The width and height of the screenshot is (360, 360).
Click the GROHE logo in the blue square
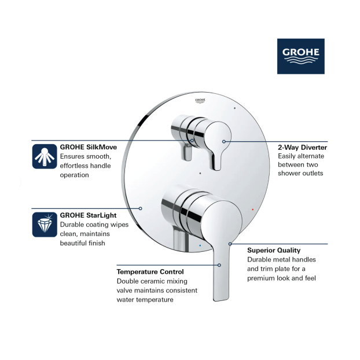point(301,56)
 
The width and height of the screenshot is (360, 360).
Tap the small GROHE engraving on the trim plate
point(200,101)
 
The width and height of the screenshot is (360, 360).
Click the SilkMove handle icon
point(45,156)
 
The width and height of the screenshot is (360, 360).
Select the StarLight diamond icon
point(45,225)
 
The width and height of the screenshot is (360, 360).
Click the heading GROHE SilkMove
point(89,147)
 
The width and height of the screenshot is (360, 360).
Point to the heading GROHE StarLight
point(88,215)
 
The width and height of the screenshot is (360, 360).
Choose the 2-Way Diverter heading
point(302,148)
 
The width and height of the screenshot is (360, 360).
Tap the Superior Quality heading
point(274,250)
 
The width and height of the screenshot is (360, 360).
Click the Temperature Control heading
point(150,272)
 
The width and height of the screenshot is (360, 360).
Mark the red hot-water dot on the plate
point(253,210)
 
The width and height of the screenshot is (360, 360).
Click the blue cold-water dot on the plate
point(200,245)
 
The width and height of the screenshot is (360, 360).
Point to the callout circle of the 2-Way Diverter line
point(224,142)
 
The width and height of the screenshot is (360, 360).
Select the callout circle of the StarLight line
point(140,208)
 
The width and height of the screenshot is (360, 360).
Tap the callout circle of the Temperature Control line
point(219,265)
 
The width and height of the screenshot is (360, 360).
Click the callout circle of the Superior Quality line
point(230,244)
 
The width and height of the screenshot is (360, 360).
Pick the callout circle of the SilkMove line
point(192,141)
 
